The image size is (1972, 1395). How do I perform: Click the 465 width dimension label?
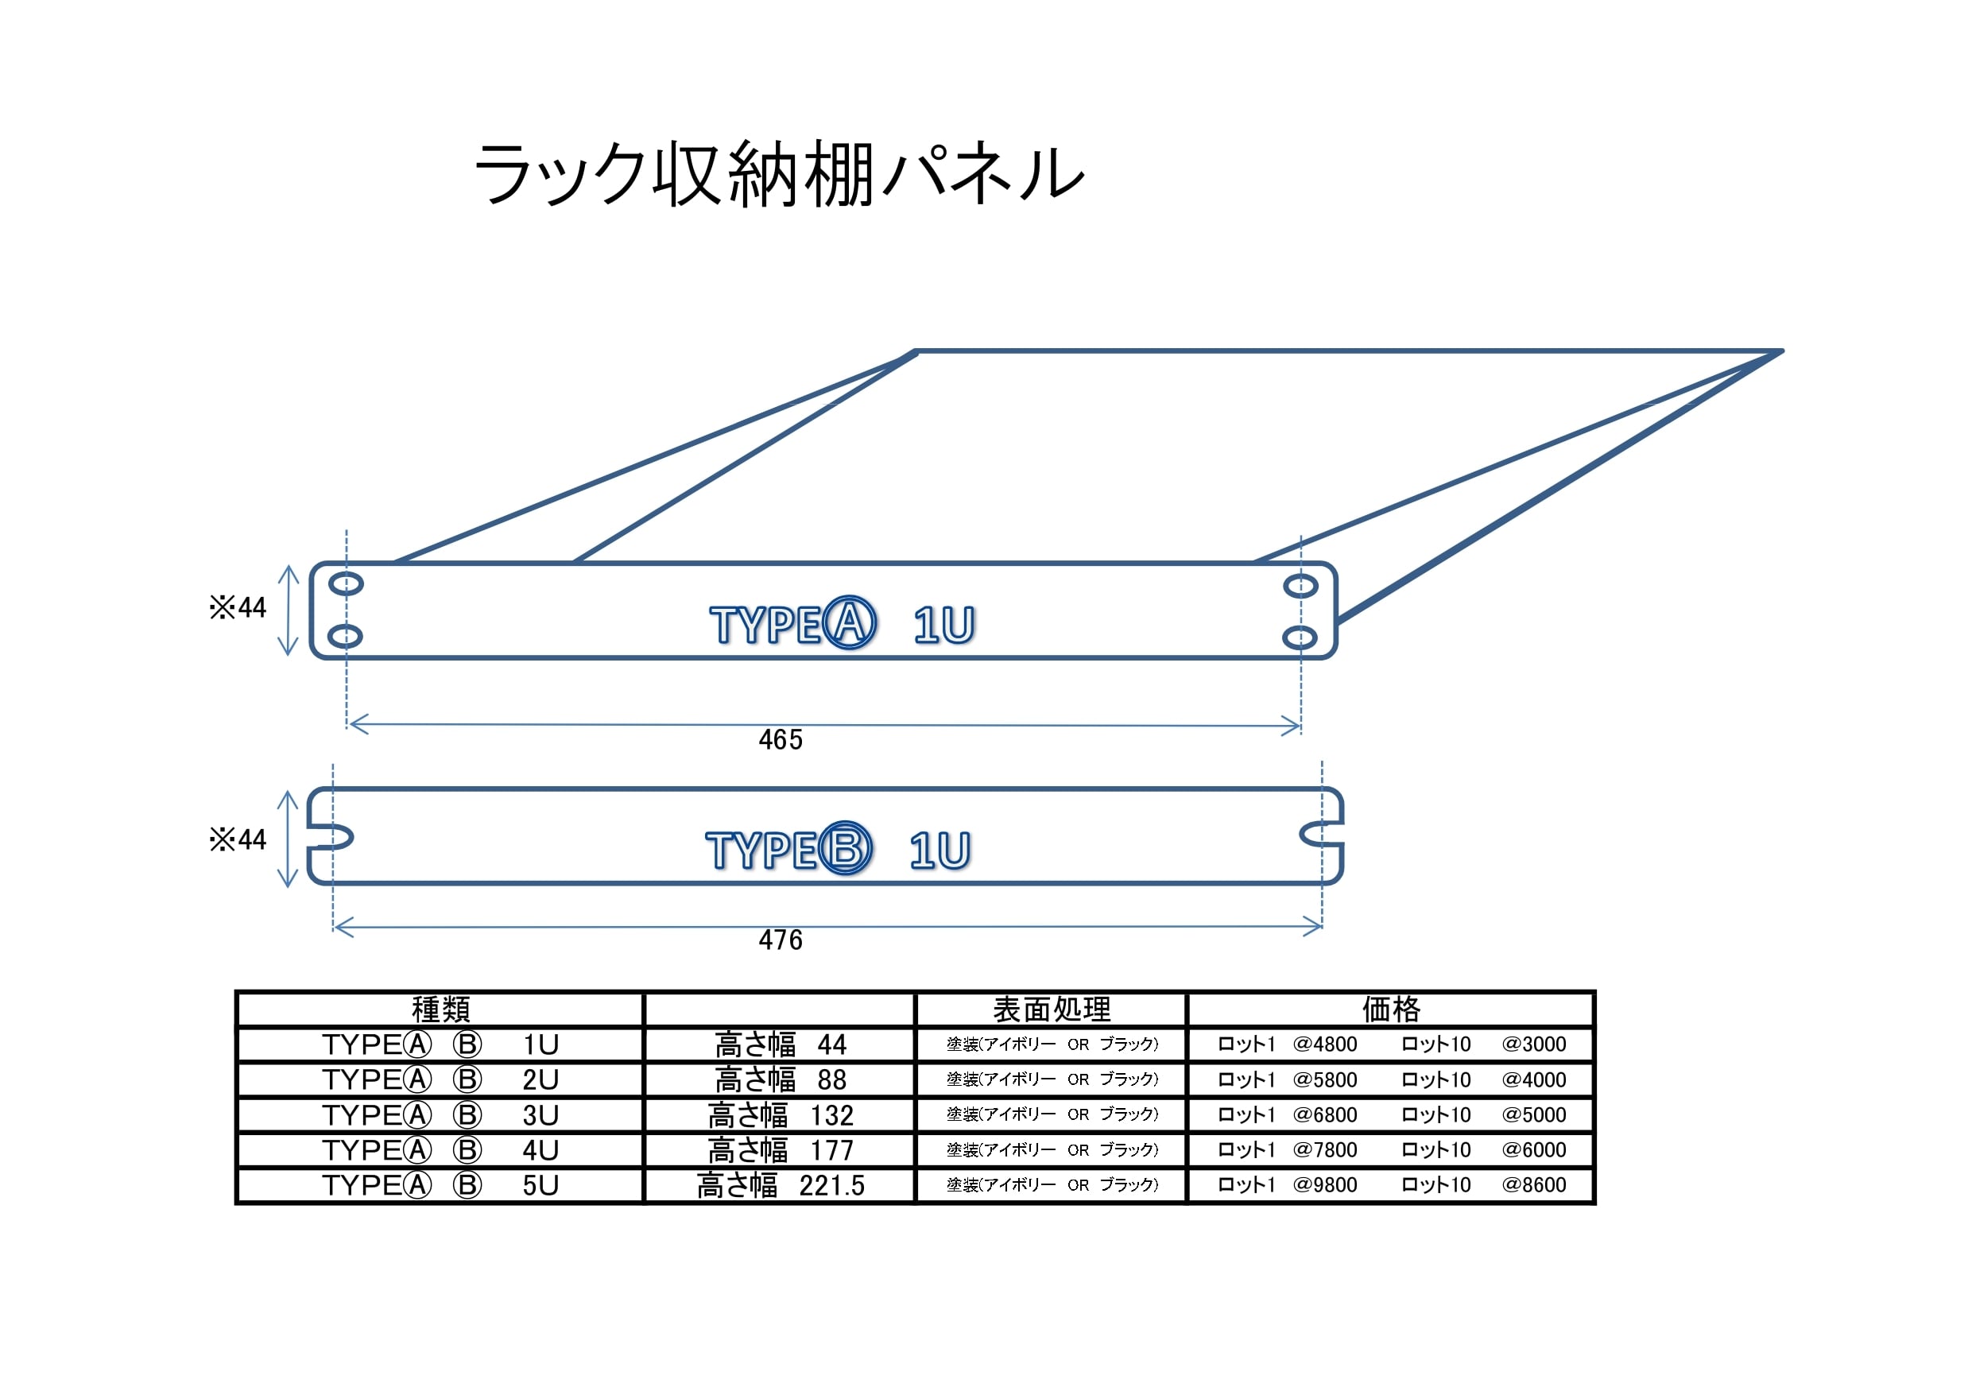[780, 739]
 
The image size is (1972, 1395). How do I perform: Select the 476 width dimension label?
[780, 940]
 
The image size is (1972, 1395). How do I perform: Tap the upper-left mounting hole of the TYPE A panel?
[346, 584]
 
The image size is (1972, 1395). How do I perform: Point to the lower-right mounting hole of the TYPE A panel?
[1300, 637]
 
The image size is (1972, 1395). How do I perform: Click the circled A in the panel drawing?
[850, 622]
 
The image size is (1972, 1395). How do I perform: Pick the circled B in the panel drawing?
[845, 849]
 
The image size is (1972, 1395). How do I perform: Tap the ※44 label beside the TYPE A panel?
[238, 608]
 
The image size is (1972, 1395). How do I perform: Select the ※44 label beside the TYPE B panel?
[238, 839]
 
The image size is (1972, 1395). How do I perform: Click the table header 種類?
[440, 1009]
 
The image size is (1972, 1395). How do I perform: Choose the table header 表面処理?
[1052, 1009]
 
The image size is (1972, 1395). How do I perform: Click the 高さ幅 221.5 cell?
[780, 1185]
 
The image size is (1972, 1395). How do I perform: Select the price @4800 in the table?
[1324, 1044]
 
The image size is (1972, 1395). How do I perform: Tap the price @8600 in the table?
[1533, 1185]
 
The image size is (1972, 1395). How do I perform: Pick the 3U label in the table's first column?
[540, 1115]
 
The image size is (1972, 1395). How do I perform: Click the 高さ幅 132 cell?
[780, 1115]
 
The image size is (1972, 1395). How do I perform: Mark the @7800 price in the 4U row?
[1324, 1150]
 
